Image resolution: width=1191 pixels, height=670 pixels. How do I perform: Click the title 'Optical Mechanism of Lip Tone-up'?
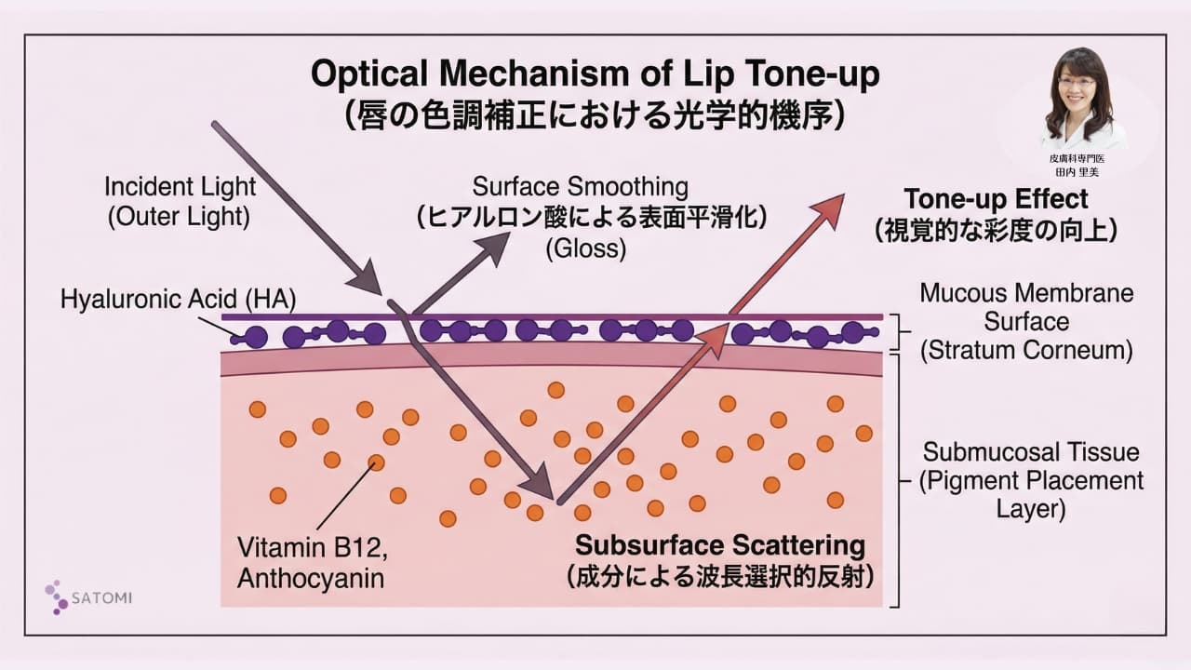click(595, 74)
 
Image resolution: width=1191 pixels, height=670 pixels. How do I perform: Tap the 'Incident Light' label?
click(180, 186)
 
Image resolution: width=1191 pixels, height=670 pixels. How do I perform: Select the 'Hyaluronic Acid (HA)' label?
click(178, 299)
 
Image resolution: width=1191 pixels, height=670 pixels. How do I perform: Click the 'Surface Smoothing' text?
click(581, 186)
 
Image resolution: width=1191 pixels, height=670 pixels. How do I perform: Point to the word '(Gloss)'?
click(586, 248)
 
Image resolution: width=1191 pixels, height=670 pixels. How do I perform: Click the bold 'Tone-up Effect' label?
click(996, 198)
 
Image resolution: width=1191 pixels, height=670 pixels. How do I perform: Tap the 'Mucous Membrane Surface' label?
click(1026, 307)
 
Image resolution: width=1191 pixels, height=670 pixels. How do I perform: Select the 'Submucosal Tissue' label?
click(1030, 452)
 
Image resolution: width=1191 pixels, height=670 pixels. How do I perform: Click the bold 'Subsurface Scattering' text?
click(719, 544)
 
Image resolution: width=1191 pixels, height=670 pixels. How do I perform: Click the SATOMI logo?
click(88, 596)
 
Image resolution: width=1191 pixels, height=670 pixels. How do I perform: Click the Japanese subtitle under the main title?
click(595, 114)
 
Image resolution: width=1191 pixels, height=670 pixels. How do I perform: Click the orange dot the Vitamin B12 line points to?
click(376, 462)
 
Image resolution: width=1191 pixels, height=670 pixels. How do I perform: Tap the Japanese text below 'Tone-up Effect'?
click(996, 230)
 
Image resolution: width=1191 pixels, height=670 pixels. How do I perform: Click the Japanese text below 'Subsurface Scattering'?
click(719, 576)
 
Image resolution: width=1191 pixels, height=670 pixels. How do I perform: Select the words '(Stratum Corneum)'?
click(1026, 351)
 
